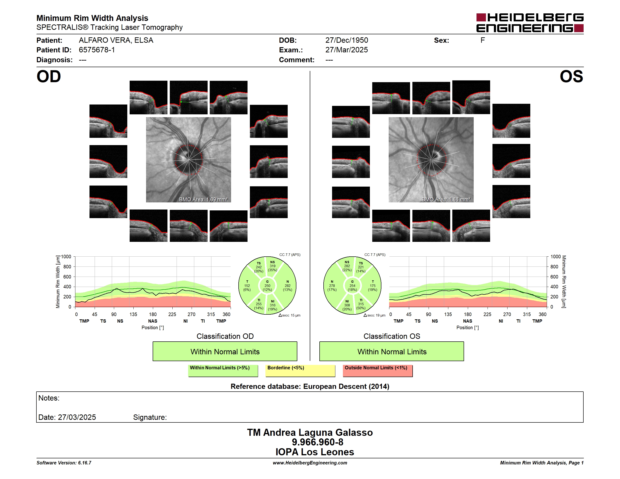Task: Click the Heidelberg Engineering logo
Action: pos(530,23)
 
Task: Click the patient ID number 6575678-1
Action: pos(97,50)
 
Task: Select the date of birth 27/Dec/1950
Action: pos(347,40)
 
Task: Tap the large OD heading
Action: pos(49,77)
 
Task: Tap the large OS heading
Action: pos(571,77)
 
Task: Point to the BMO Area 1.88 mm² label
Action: pos(446,200)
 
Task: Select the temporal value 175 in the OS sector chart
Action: pos(373,286)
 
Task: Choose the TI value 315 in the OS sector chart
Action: pos(361,304)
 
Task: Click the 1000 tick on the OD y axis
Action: pos(66,257)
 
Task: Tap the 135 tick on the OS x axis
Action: pos(448,314)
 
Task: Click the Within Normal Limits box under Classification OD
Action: pos(225,351)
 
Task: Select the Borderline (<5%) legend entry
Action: pos(300,371)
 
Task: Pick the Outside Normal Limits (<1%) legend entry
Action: pos(378,371)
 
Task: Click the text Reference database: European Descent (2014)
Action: pos(310,386)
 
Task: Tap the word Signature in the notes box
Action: pos(150,417)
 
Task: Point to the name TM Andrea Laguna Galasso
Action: pos(310,433)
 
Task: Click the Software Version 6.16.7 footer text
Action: pos(64,463)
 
